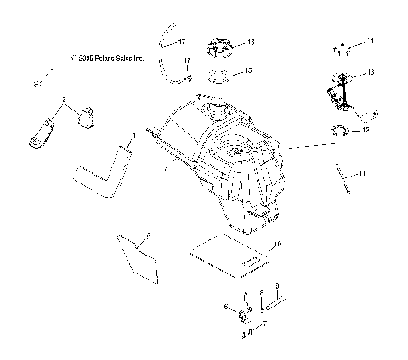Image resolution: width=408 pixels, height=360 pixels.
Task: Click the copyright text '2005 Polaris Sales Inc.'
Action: [x=108, y=59]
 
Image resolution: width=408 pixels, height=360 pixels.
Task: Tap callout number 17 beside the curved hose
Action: [x=179, y=40]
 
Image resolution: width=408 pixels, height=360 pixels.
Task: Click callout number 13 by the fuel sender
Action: [x=371, y=72]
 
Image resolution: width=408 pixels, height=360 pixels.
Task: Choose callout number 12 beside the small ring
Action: [x=366, y=131]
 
